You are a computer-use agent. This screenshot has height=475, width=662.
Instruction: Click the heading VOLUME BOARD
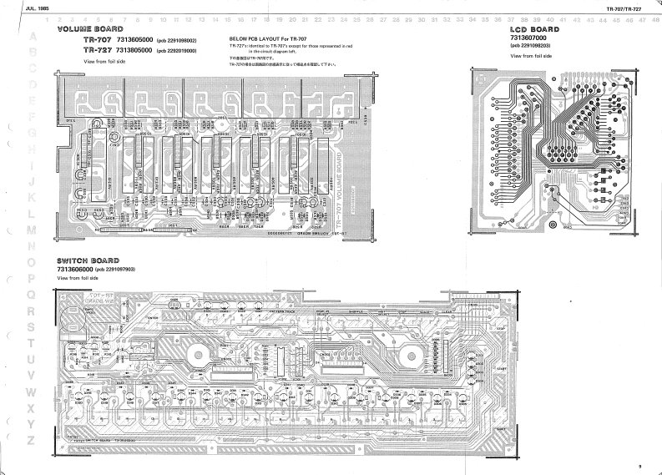click(x=89, y=29)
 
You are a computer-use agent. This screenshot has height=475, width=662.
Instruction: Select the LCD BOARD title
click(x=534, y=29)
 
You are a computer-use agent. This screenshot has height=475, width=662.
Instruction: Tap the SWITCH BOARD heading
click(x=88, y=260)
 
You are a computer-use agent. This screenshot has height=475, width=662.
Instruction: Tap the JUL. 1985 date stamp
click(x=38, y=8)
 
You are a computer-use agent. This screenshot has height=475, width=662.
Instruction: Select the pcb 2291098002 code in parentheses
click(x=176, y=41)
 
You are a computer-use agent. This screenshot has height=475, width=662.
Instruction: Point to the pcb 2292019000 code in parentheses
click(x=176, y=51)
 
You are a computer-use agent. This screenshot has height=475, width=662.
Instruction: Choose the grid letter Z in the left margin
click(x=32, y=440)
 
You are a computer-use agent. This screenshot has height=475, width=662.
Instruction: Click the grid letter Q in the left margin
click(x=32, y=294)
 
